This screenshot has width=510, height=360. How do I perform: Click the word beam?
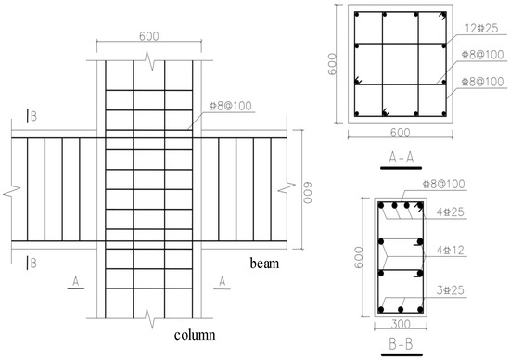[264, 263]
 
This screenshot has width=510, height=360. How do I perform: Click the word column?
[195, 335]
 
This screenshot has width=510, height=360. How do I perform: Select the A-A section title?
[401, 158]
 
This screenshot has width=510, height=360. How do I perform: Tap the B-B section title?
[401, 344]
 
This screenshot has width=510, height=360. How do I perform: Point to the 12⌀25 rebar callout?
[481, 29]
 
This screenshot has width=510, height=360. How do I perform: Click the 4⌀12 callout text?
[450, 251]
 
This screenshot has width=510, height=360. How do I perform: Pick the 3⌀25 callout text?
[450, 290]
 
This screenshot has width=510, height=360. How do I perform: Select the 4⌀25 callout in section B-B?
[450, 212]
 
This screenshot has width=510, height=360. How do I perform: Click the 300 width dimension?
[401, 324]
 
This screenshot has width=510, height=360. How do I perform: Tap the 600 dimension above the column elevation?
[149, 36]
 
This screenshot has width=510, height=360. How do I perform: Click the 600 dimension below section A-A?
[400, 133]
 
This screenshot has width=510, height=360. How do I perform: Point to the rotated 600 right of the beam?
[308, 193]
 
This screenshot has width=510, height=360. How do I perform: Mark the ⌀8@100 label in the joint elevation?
[231, 106]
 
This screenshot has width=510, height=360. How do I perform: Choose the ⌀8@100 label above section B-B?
[443, 184]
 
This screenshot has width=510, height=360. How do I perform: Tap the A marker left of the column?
[76, 281]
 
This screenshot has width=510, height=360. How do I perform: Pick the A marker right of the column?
[223, 281]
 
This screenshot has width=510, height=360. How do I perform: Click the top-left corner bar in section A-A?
[357, 14]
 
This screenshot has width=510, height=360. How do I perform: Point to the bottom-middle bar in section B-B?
[401, 309]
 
